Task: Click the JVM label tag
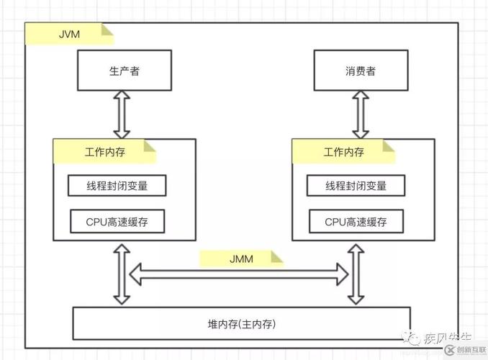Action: [x=68, y=33]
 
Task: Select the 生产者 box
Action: [x=124, y=72]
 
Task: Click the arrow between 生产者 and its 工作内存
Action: [x=122, y=116]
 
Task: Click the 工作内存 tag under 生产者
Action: [x=104, y=152]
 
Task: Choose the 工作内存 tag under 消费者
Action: [x=343, y=152]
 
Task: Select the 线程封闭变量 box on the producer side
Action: [x=117, y=185]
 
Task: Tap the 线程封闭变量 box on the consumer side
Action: [x=356, y=185]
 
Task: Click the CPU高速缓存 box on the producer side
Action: [x=117, y=222]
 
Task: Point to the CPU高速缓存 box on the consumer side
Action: [x=356, y=222]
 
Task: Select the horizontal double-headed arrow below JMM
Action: [x=238, y=272]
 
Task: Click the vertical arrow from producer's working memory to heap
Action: [x=122, y=274]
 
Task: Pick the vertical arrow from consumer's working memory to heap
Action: [x=354, y=274]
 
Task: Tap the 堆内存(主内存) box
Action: [x=241, y=323]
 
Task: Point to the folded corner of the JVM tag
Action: [x=107, y=30]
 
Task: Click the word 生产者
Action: [x=124, y=72]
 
